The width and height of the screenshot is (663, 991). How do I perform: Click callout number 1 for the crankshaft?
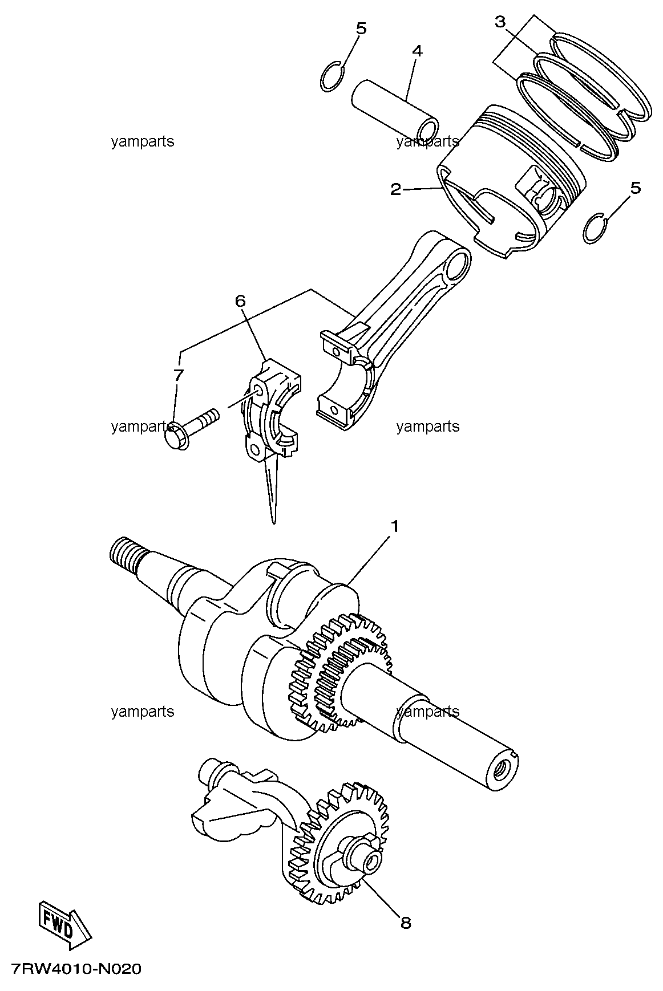click(x=394, y=526)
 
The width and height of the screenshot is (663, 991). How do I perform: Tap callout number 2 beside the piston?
click(x=395, y=189)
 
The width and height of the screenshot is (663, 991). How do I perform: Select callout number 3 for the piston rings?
click(x=500, y=22)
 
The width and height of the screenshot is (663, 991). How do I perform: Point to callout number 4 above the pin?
click(x=417, y=51)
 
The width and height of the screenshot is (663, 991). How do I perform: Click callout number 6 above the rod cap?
click(x=240, y=300)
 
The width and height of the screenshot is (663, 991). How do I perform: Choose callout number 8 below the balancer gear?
click(x=406, y=923)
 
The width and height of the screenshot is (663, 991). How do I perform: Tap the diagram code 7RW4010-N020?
click(x=75, y=969)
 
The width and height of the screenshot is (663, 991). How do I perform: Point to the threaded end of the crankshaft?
click(x=124, y=555)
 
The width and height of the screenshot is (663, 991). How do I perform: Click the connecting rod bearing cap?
click(x=271, y=409)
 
